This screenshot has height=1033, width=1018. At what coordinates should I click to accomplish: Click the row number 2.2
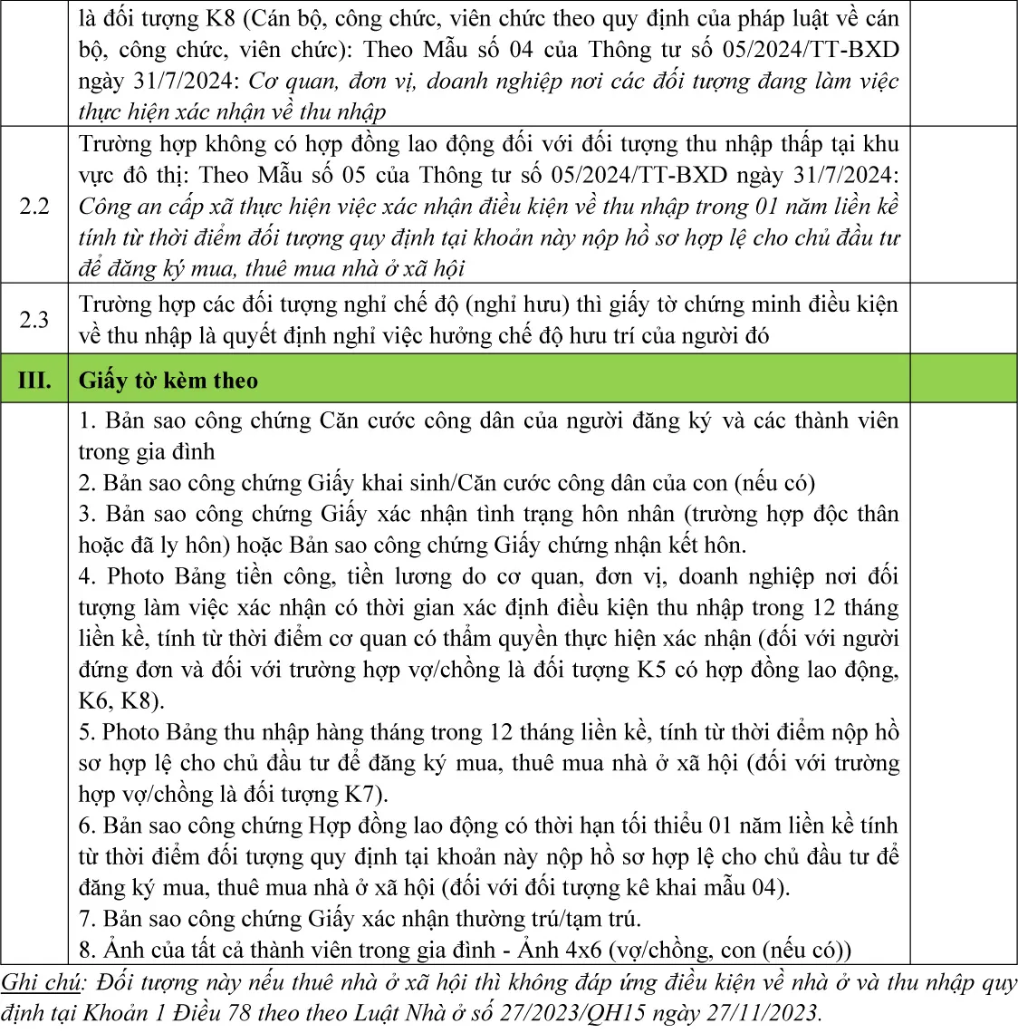(x=34, y=206)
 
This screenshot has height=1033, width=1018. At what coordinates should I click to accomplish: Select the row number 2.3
(x=34, y=319)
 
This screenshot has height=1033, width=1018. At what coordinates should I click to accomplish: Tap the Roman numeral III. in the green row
(x=34, y=380)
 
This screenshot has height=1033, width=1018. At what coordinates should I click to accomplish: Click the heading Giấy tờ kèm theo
(x=168, y=380)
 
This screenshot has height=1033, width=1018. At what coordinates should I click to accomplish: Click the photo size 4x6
(x=576, y=950)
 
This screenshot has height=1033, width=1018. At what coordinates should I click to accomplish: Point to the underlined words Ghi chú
(x=42, y=982)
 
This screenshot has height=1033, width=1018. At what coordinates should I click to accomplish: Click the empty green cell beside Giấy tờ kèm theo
(x=963, y=380)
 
